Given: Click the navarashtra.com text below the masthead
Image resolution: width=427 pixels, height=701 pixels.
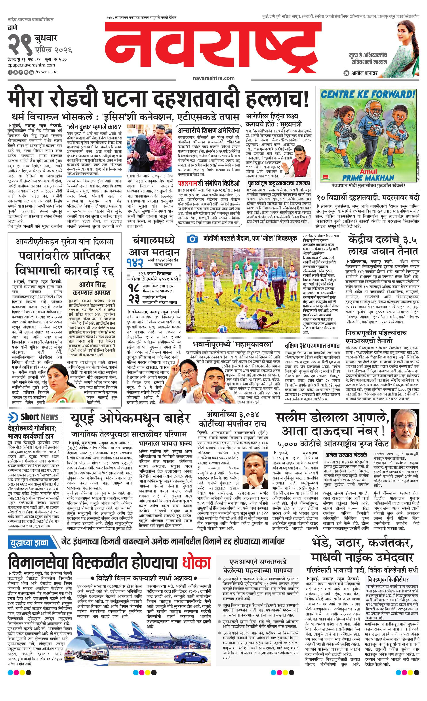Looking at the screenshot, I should tap(213, 78).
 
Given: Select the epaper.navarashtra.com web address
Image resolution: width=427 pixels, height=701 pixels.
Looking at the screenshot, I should tap(31, 65).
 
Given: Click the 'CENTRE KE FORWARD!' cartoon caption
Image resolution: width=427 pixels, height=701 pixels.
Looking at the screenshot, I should tap(369, 94).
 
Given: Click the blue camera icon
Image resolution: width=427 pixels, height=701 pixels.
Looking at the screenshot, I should tap(192, 239).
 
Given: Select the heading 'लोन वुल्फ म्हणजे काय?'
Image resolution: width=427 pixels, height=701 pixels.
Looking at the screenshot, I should tap(94, 127).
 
